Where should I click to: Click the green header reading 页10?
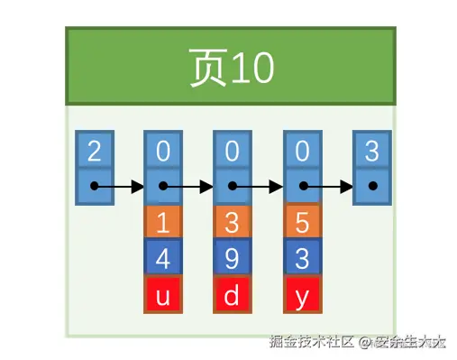(x=230, y=67)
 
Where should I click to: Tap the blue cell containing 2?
(x=94, y=150)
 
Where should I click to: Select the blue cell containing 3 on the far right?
(x=371, y=150)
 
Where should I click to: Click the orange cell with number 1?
(x=163, y=222)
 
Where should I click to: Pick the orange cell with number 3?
(x=233, y=222)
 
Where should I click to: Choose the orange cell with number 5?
(x=302, y=222)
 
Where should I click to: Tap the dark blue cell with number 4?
(x=163, y=258)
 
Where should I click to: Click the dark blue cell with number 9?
(x=233, y=258)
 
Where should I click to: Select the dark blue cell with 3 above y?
(x=302, y=258)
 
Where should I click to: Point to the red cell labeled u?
(x=163, y=294)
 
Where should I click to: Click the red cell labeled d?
(x=233, y=294)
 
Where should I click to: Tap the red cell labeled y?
(x=302, y=294)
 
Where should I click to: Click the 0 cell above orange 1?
(x=163, y=150)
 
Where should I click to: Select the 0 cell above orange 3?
(x=233, y=150)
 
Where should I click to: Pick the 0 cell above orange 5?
(x=302, y=150)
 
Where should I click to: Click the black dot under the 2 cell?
(x=95, y=188)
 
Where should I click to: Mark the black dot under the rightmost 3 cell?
(x=372, y=188)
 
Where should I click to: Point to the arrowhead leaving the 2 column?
(x=138, y=188)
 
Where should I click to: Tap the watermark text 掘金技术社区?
(x=310, y=342)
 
